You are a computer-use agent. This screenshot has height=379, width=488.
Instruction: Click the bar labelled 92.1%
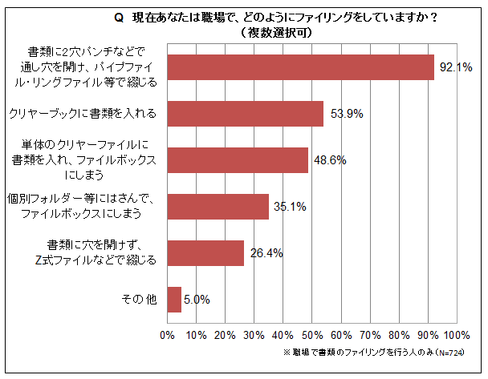300,67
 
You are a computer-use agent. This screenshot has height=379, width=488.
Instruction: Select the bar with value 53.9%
245,114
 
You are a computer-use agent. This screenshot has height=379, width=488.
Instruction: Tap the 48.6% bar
238,160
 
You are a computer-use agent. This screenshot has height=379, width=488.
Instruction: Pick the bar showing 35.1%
218,207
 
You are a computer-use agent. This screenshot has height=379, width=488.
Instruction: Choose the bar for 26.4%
205,252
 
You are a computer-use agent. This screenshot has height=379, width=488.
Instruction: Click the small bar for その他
174,299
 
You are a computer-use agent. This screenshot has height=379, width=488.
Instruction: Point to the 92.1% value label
454,68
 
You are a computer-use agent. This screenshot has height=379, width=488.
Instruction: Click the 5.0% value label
197,300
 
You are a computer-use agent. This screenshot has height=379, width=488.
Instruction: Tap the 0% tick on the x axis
168,335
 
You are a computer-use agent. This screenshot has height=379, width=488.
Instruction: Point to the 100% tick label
456,335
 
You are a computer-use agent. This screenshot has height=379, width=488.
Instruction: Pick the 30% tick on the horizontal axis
254,335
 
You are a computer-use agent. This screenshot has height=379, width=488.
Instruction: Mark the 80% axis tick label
399,335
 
